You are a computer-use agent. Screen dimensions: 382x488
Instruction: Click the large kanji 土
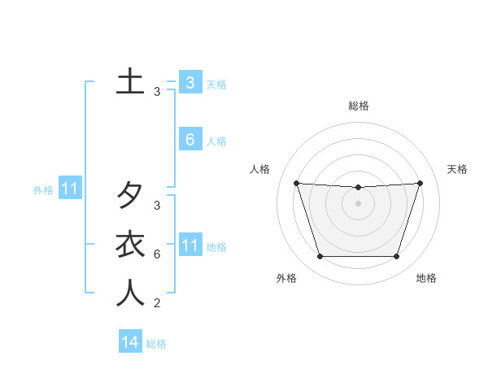click(130, 82)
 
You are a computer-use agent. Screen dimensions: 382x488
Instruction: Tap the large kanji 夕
click(130, 195)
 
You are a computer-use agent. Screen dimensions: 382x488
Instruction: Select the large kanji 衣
click(130, 244)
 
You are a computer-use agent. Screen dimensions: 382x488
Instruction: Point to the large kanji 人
click(130, 293)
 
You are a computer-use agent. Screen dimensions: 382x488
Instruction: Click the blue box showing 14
click(130, 342)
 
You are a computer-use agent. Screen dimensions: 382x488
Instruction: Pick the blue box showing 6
click(190, 140)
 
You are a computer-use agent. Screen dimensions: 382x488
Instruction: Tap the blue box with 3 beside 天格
click(190, 82)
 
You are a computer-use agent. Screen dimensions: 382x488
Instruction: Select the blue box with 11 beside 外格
click(70, 189)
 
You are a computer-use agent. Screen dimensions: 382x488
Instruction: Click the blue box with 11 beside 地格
click(190, 245)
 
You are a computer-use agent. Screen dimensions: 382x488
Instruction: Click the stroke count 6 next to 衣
click(157, 254)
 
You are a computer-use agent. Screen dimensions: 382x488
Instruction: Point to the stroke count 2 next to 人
click(157, 304)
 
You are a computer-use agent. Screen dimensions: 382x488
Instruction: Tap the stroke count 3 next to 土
click(157, 93)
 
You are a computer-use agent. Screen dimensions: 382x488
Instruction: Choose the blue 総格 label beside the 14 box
click(156, 344)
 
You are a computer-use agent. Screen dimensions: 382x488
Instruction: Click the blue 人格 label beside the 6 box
click(216, 141)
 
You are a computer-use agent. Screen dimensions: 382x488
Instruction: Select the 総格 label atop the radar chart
click(358, 106)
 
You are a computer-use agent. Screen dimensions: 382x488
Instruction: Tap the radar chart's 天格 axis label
click(457, 169)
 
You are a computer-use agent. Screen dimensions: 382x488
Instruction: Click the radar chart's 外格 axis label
click(285, 278)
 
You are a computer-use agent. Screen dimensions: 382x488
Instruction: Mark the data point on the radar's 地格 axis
click(396, 257)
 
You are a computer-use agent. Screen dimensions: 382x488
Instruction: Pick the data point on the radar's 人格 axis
click(296, 184)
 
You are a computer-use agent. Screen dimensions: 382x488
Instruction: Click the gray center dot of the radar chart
click(358, 204)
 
